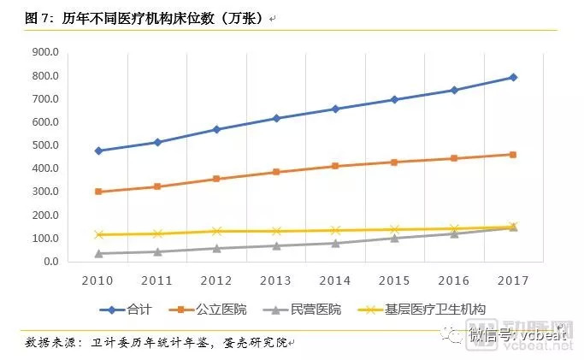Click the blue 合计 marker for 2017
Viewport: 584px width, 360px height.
pyautogui.click(x=513, y=77)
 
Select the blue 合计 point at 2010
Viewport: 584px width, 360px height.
pyautogui.click(x=98, y=150)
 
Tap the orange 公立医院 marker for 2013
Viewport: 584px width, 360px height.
pyautogui.click(x=276, y=172)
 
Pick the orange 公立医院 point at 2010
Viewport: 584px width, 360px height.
pyautogui.click(x=98, y=192)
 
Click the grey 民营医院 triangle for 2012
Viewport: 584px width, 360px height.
pyautogui.click(x=216, y=248)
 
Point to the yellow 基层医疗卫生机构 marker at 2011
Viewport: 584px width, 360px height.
pyautogui.click(x=157, y=233)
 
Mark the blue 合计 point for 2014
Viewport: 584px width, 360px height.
pyautogui.click(x=335, y=109)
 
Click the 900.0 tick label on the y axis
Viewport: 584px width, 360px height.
pyautogui.click(x=44, y=52)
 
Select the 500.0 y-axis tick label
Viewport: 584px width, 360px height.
pyautogui.click(x=44, y=145)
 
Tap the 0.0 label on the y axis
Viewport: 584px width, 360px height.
pyautogui.click(x=50, y=262)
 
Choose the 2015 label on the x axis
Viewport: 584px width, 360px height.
pyautogui.click(x=394, y=280)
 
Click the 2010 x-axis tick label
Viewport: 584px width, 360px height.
pyautogui.click(x=98, y=280)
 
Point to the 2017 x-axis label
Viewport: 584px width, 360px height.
pyautogui.click(x=513, y=280)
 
